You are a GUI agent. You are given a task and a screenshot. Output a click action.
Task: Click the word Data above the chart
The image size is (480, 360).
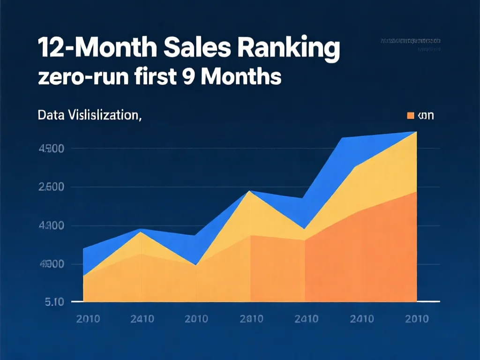click(51, 115)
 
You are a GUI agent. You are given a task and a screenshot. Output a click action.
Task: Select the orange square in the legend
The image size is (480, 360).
click(411, 115)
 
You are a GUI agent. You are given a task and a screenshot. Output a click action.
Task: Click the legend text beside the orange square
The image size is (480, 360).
click(425, 115)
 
